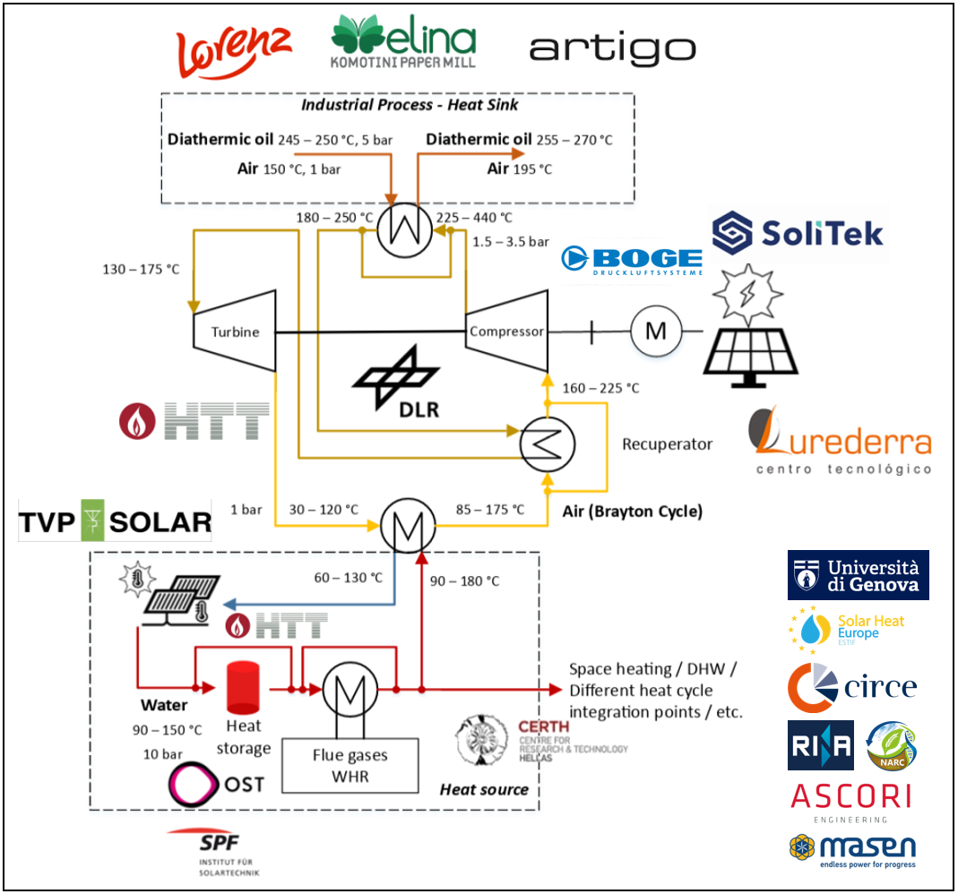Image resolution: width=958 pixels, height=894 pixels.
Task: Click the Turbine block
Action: [235, 332]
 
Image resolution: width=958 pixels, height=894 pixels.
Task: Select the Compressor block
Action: [506, 331]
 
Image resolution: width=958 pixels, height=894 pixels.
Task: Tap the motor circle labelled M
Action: [656, 331]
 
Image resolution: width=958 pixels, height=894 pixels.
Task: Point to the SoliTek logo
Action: [798, 232]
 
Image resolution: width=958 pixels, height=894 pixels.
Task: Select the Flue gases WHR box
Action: [350, 765]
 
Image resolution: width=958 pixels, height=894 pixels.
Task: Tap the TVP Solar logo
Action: [116, 520]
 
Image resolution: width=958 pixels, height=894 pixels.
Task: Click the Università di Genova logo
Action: [859, 575]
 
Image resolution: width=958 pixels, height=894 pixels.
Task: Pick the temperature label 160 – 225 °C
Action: [600, 388]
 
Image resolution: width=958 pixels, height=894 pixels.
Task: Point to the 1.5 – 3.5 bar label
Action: [510, 242]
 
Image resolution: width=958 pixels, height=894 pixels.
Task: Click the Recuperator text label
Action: [667, 444]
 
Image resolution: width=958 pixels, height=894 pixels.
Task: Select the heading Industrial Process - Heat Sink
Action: [410, 105]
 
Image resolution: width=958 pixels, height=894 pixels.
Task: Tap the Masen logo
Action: [851, 850]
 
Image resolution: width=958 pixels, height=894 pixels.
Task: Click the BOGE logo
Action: [632, 260]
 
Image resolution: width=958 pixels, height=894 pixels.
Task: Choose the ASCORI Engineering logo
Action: [851, 799]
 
